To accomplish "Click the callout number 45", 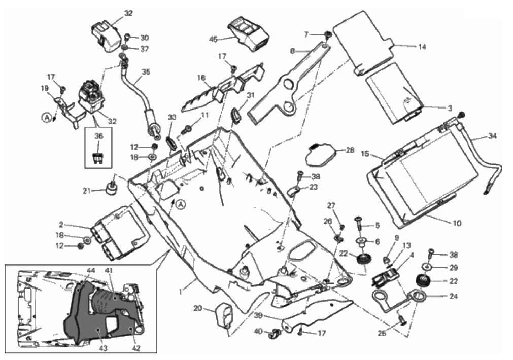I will [x=213, y=38].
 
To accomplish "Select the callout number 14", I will [x=422, y=47].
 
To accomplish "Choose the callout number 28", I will [x=350, y=150].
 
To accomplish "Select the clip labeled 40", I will [x=277, y=334].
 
